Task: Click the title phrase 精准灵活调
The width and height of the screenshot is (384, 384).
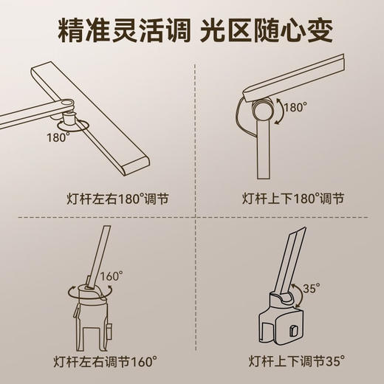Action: pyautogui.click(x=117, y=32)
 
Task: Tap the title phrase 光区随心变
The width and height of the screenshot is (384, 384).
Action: pyautogui.click(x=270, y=32)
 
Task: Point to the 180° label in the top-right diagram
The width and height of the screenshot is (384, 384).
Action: pyautogui.click(x=293, y=106)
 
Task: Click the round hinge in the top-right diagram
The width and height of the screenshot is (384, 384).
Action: pyautogui.click(x=263, y=111)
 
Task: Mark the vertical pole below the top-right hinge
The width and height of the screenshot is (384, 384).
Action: pyautogui.click(x=264, y=151)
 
